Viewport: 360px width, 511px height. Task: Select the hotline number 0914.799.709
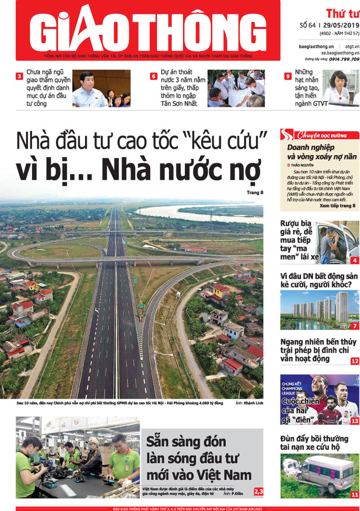pos(344,59)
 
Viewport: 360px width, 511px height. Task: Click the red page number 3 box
pos(19,77)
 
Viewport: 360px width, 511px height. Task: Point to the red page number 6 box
pos(153,77)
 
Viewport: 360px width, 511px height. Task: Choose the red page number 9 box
pos(288,77)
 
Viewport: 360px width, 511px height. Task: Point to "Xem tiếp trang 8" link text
pos(337,205)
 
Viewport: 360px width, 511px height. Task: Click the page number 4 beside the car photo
pos(355,260)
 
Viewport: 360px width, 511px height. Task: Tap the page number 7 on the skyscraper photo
pos(355,326)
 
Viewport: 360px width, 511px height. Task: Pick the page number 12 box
pos(355,361)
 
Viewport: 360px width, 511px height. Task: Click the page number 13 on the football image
pos(355,421)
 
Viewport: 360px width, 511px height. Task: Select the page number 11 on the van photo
pos(355,494)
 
